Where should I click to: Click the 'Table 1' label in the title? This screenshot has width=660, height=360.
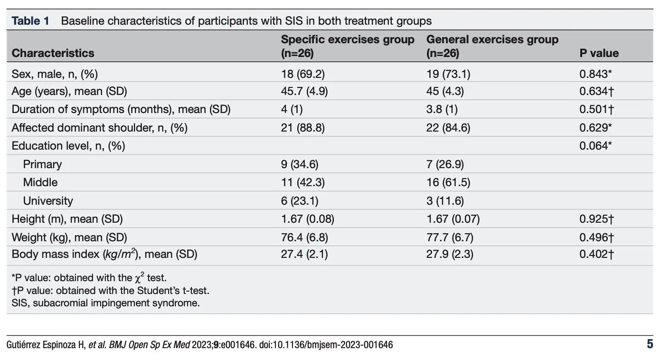click(x=30, y=21)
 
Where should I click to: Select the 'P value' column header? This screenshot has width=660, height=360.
click(x=599, y=53)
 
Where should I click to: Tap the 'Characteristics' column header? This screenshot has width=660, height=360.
click(x=53, y=53)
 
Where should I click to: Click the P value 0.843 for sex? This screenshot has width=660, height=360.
click(x=595, y=74)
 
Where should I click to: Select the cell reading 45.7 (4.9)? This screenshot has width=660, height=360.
click(x=304, y=91)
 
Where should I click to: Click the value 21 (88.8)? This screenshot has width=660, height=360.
click(x=303, y=128)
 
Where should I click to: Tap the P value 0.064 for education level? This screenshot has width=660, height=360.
click(x=595, y=146)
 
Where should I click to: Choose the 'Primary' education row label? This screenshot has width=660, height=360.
click(x=42, y=164)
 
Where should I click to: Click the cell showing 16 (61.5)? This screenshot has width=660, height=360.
click(x=448, y=182)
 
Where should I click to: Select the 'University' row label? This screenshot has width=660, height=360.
click(x=48, y=201)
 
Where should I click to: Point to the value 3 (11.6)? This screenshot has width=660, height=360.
click(x=445, y=201)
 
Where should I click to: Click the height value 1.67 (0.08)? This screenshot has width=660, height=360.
click(x=308, y=219)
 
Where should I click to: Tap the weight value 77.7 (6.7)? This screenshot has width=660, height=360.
click(x=450, y=237)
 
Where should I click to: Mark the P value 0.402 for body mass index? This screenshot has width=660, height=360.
click(x=596, y=254)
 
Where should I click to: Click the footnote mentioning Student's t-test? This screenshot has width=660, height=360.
click(x=111, y=291)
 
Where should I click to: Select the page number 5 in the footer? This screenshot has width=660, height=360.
click(x=650, y=344)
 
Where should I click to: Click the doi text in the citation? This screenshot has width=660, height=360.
click(x=326, y=345)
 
